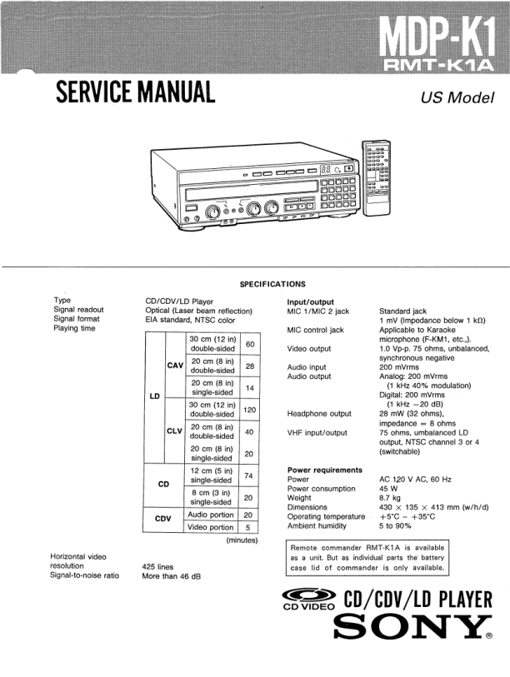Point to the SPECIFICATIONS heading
pyautogui.click(x=272, y=284)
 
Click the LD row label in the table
pyautogui.click(x=154, y=396)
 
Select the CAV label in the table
pyautogui.click(x=175, y=366)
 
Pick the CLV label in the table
pyautogui.click(x=175, y=431)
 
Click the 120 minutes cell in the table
pyautogui.click(x=248, y=410)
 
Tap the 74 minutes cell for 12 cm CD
pyautogui.click(x=248, y=475)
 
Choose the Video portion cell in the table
pyautogui.click(x=210, y=527)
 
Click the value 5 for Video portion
pyautogui.click(x=248, y=527)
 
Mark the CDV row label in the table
pyautogui.click(x=163, y=520)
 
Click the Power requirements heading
pyautogui.click(x=324, y=470)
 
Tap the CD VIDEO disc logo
pyautogui.click(x=307, y=601)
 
